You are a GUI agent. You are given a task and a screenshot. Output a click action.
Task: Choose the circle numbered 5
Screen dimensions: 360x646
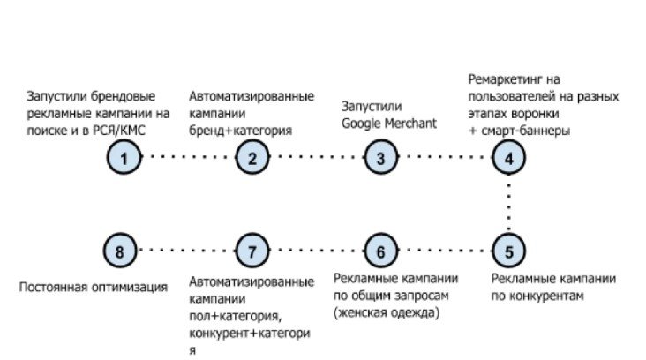click(x=508, y=251)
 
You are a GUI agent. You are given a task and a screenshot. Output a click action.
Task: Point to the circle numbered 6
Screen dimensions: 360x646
click(x=380, y=251)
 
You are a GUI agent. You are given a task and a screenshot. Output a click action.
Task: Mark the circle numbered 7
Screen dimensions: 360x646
click(x=252, y=251)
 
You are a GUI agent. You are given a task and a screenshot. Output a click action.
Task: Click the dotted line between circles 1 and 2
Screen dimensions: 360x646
click(x=188, y=159)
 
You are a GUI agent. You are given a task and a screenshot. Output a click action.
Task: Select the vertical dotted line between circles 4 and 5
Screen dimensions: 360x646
click(x=508, y=205)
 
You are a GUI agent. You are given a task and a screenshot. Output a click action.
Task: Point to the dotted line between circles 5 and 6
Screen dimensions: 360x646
click(x=444, y=251)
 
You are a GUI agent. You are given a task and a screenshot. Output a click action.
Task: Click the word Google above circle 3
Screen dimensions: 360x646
click(x=363, y=122)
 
